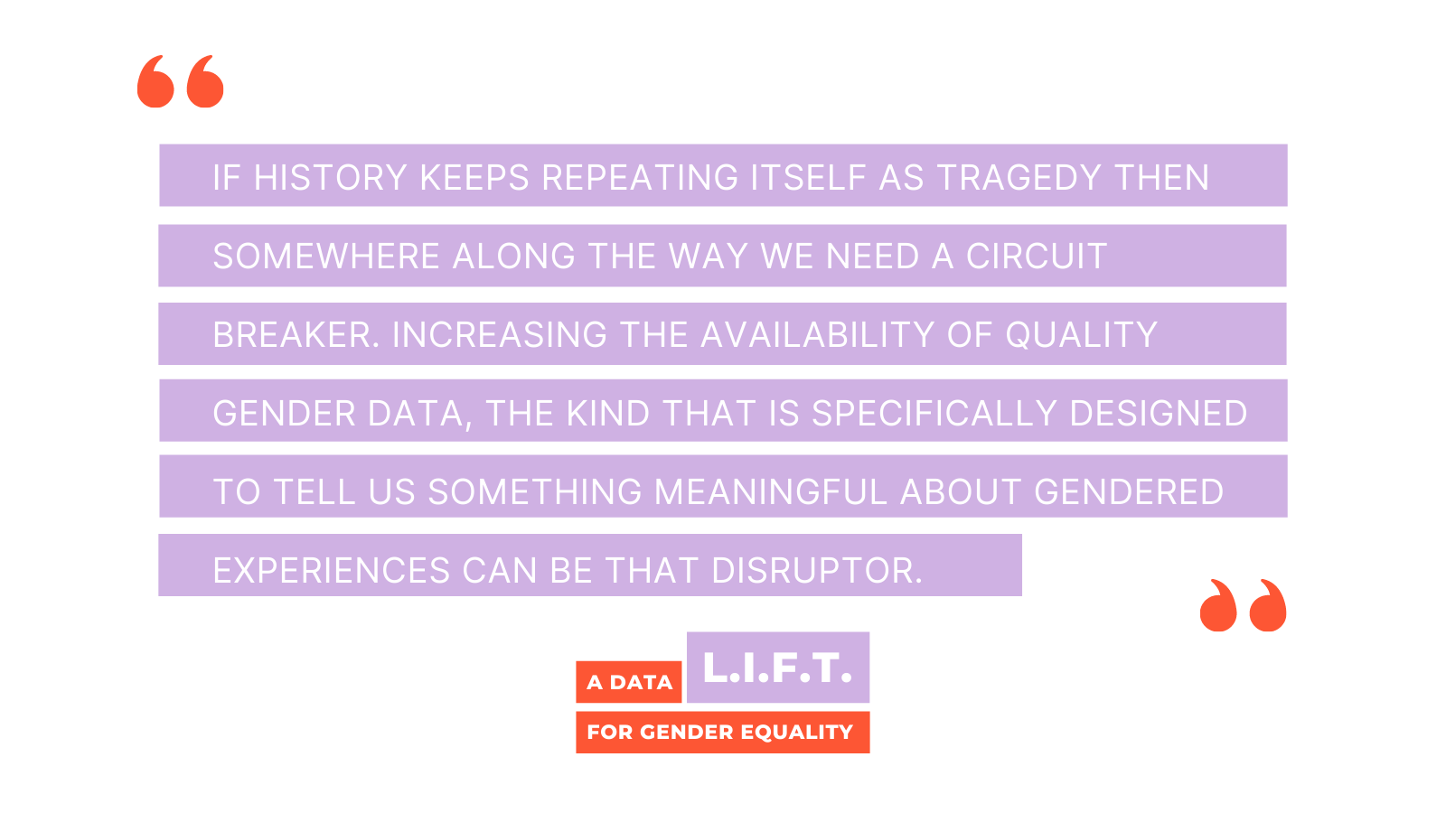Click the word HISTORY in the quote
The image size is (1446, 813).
click(x=330, y=177)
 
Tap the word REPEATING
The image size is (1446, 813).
click(x=639, y=177)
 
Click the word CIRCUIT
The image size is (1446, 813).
click(x=1037, y=257)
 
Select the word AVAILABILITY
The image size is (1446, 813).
click(x=817, y=335)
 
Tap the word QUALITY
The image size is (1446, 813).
click(x=1081, y=335)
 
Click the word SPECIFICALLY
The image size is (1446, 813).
click(x=934, y=414)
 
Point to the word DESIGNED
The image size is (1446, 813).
click(x=1158, y=414)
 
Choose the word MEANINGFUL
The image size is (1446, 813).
click(x=771, y=492)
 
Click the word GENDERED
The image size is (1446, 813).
click(x=1129, y=492)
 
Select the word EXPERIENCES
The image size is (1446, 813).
click(x=332, y=571)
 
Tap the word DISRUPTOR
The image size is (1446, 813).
click(x=817, y=571)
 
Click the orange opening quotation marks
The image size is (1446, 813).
click(x=180, y=81)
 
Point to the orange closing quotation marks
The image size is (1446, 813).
click(x=1244, y=605)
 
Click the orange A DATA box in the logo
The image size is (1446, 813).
click(x=629, y=682)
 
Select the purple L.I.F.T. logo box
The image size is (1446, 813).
click(x=778, y=668)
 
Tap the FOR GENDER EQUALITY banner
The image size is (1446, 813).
click(x=723, y=733)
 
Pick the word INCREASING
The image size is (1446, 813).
click(x=500, y=335)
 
